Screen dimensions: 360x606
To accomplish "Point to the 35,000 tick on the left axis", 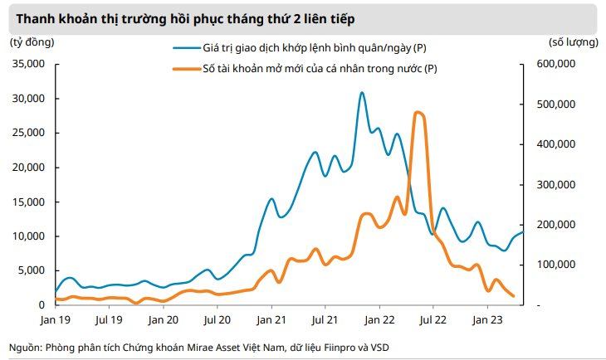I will point(31,64).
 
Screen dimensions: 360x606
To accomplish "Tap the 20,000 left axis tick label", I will point(31,168).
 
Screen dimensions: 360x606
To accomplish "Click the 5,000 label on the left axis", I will point(34,270).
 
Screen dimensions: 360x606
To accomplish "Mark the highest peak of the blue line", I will point(362,93).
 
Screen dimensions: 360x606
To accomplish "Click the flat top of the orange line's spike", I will point(418,114).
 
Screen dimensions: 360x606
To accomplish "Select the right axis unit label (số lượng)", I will point(573,41).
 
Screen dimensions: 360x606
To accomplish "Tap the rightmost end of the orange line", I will point(513,295).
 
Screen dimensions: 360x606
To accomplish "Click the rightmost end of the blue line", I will point(522,231).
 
